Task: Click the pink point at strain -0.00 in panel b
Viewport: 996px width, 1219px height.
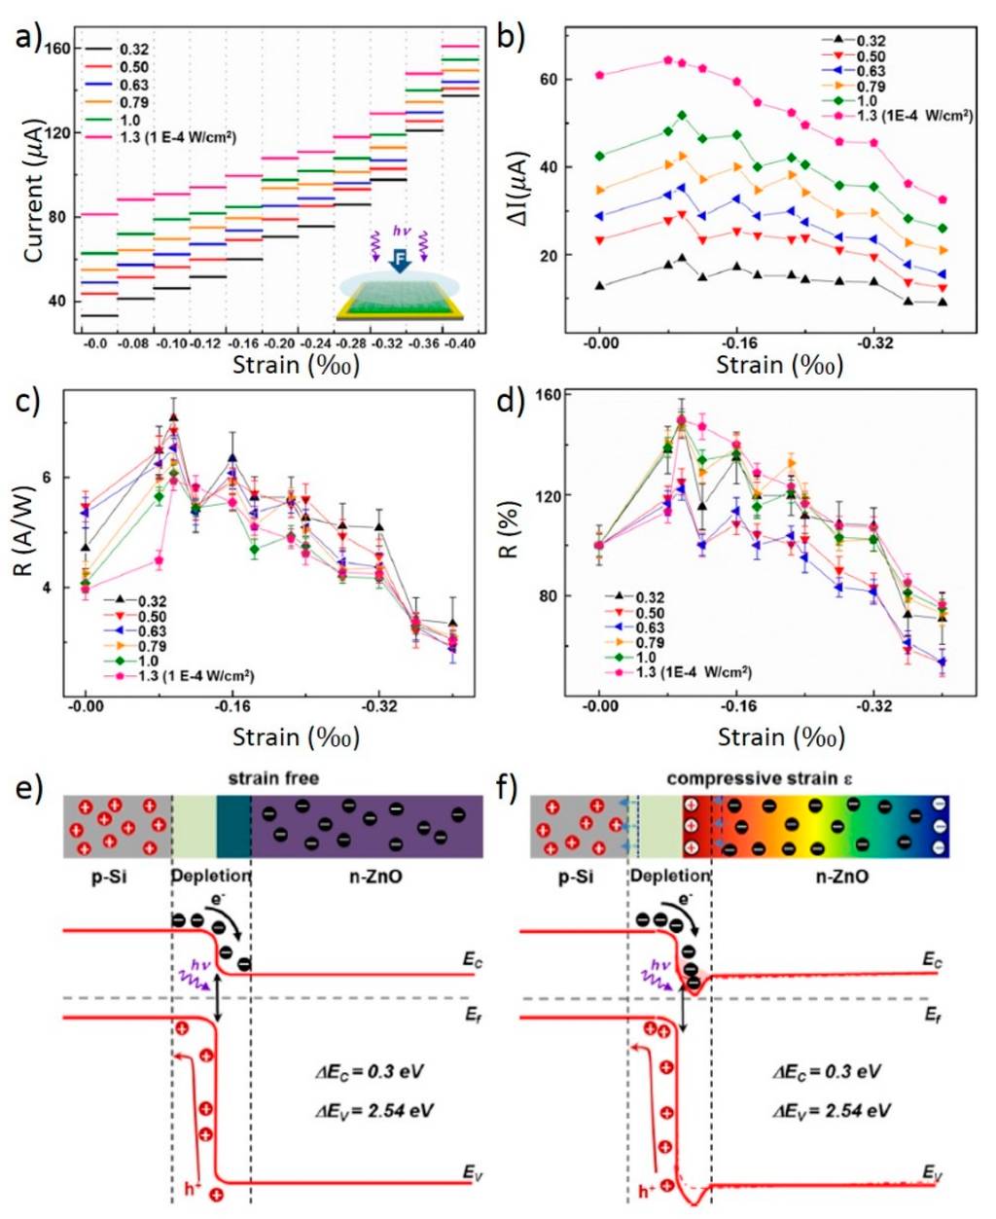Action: pos(600,75)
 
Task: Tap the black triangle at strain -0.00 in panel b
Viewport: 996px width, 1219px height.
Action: pos(600,285)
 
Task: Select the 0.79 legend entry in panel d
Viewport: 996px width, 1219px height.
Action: pos(649,643)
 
